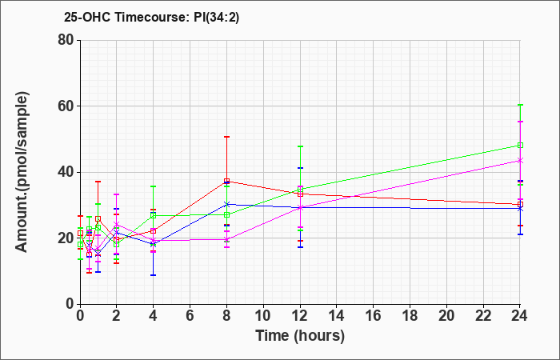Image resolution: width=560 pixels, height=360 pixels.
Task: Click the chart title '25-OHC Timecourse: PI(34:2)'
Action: (151, 17)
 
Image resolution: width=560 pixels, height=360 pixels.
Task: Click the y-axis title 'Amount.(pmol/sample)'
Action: (22, 172)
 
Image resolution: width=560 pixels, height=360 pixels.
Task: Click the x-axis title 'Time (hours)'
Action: (300, 336)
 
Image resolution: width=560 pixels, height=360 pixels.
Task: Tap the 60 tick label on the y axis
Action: (66, 106)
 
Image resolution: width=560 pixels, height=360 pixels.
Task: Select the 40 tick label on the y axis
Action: (66, 172)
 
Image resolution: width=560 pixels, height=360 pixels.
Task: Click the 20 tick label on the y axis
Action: (66, 238)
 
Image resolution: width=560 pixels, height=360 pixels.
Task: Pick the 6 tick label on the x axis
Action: (190, 315)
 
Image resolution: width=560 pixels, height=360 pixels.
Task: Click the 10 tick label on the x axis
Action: (263, 315)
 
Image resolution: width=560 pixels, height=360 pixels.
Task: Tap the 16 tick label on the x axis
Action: (374, 315)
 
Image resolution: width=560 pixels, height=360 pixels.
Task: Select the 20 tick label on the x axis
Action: (446, 315)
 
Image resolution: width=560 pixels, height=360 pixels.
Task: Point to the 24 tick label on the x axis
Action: (519, 315)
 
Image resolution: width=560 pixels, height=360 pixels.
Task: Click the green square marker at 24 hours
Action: (520, 146)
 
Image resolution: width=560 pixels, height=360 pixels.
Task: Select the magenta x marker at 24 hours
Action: (520, 161)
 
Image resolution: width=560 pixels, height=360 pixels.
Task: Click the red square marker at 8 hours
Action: (226, 181)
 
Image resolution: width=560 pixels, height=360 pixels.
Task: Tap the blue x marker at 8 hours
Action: (226, 204)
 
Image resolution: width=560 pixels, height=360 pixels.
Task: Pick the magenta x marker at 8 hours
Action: (226, 239)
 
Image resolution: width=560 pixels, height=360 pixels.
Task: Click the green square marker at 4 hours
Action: (154, 216)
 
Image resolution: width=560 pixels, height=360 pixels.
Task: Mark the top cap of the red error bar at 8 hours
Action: (226, 137)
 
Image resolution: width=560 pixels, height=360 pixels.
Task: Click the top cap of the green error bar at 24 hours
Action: (520, 105)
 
